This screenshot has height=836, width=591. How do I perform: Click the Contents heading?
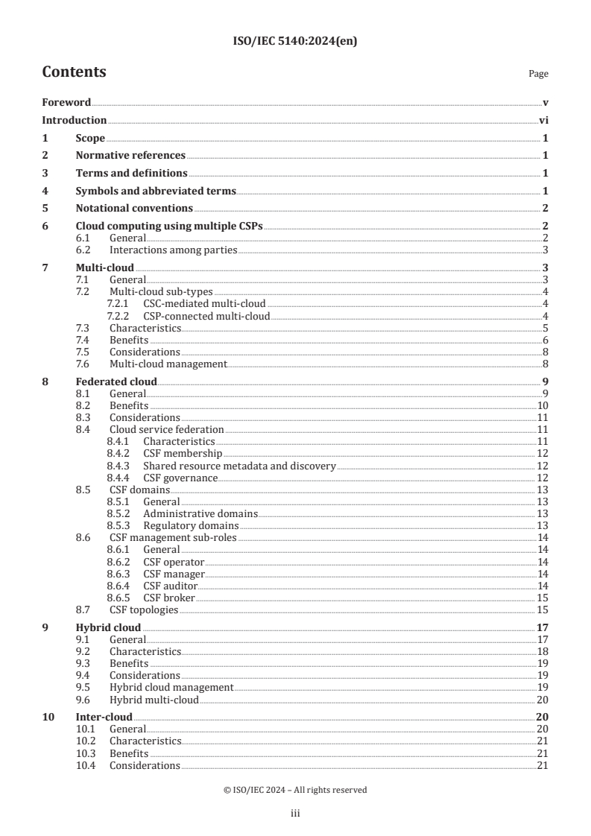[x=74, y=72]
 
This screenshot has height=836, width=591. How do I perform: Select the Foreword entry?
[x=66, y=102]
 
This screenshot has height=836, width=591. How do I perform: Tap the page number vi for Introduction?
[x=543, y=120]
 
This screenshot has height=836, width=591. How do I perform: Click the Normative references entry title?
[x=130, y=156]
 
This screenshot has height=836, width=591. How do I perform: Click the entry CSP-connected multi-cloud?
[x=206, y=317]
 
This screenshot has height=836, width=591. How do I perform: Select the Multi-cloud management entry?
[x=168, y=364]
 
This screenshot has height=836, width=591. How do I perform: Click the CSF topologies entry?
[x=144, y=609]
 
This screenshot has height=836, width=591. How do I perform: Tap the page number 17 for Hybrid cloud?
[x=543, y=627]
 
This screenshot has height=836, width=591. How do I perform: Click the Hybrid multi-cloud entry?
[x=154, y=700]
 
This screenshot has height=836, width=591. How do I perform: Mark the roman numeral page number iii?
[x=295, y=814]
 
